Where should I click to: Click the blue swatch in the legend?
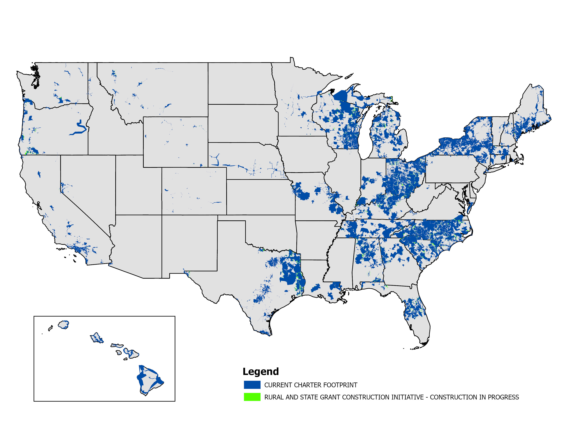tap(252, 385)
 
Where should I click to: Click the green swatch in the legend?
tap(252, 397)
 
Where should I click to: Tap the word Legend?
tap(261, 372)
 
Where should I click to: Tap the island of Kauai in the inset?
tap(63, 324)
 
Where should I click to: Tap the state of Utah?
tap(137, 185)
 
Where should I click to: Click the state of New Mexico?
tap(189, 243)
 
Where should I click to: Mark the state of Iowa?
tap(304, 154)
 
